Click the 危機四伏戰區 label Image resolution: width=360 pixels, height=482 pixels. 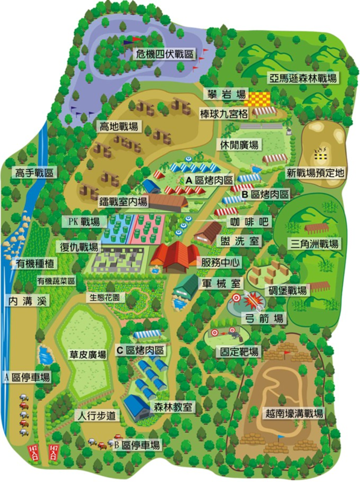point(164,54)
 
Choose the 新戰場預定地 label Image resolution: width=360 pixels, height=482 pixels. point(315,172)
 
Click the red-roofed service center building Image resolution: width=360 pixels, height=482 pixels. point(174,256)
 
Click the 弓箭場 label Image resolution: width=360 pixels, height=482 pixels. point(262,318)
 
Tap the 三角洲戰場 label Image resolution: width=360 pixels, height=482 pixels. point(314,244)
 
